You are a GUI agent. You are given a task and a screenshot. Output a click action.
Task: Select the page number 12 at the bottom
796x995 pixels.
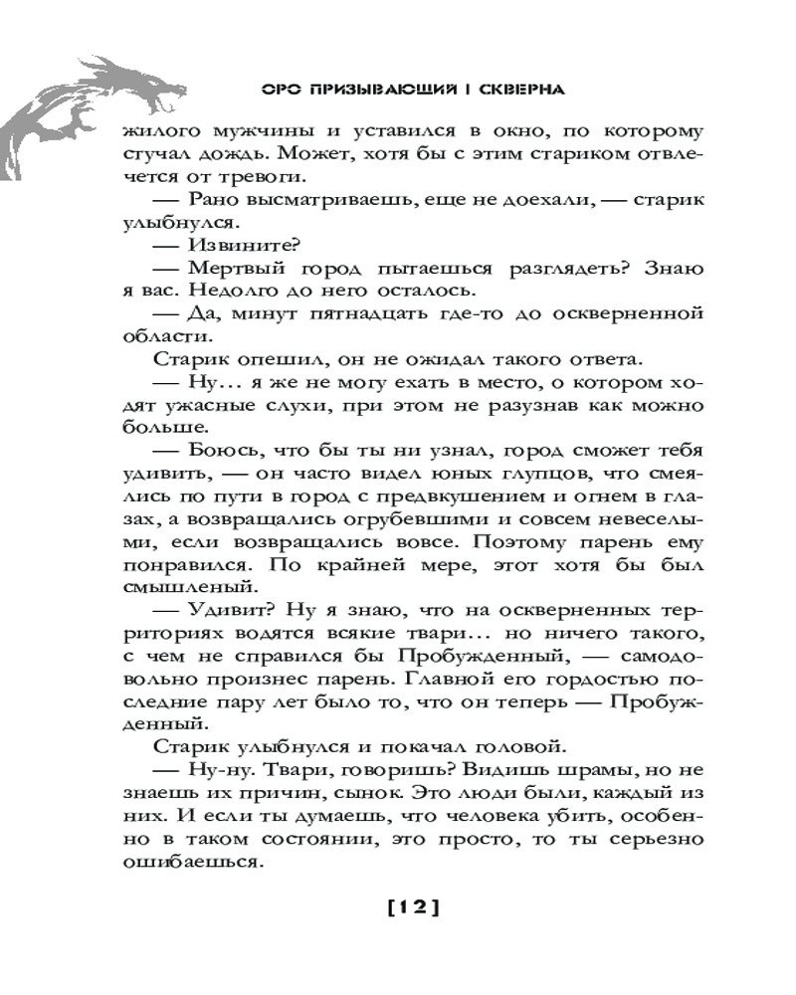412,905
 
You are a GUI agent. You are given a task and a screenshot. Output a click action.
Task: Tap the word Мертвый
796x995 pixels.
237,268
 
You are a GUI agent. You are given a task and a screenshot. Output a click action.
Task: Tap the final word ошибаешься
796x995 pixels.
189,863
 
